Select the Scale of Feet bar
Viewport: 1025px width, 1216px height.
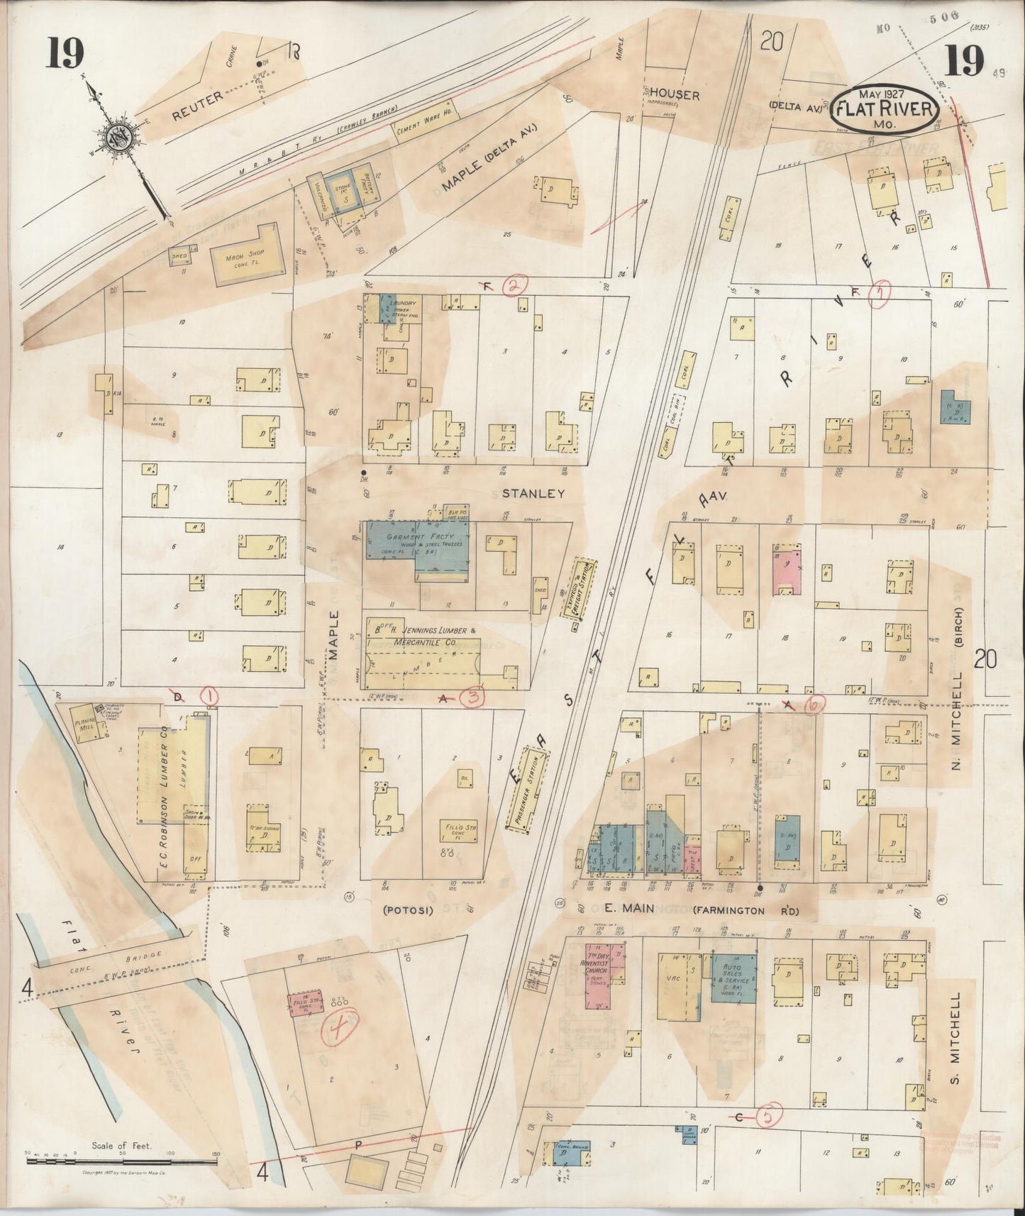point(121,1160)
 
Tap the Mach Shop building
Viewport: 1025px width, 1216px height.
point(245,258)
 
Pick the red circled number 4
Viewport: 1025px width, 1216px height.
point(340,1028)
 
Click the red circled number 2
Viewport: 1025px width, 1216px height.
point(514,286)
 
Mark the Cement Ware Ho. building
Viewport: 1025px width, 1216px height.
point(424,122)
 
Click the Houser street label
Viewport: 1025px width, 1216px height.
point(675,94)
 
